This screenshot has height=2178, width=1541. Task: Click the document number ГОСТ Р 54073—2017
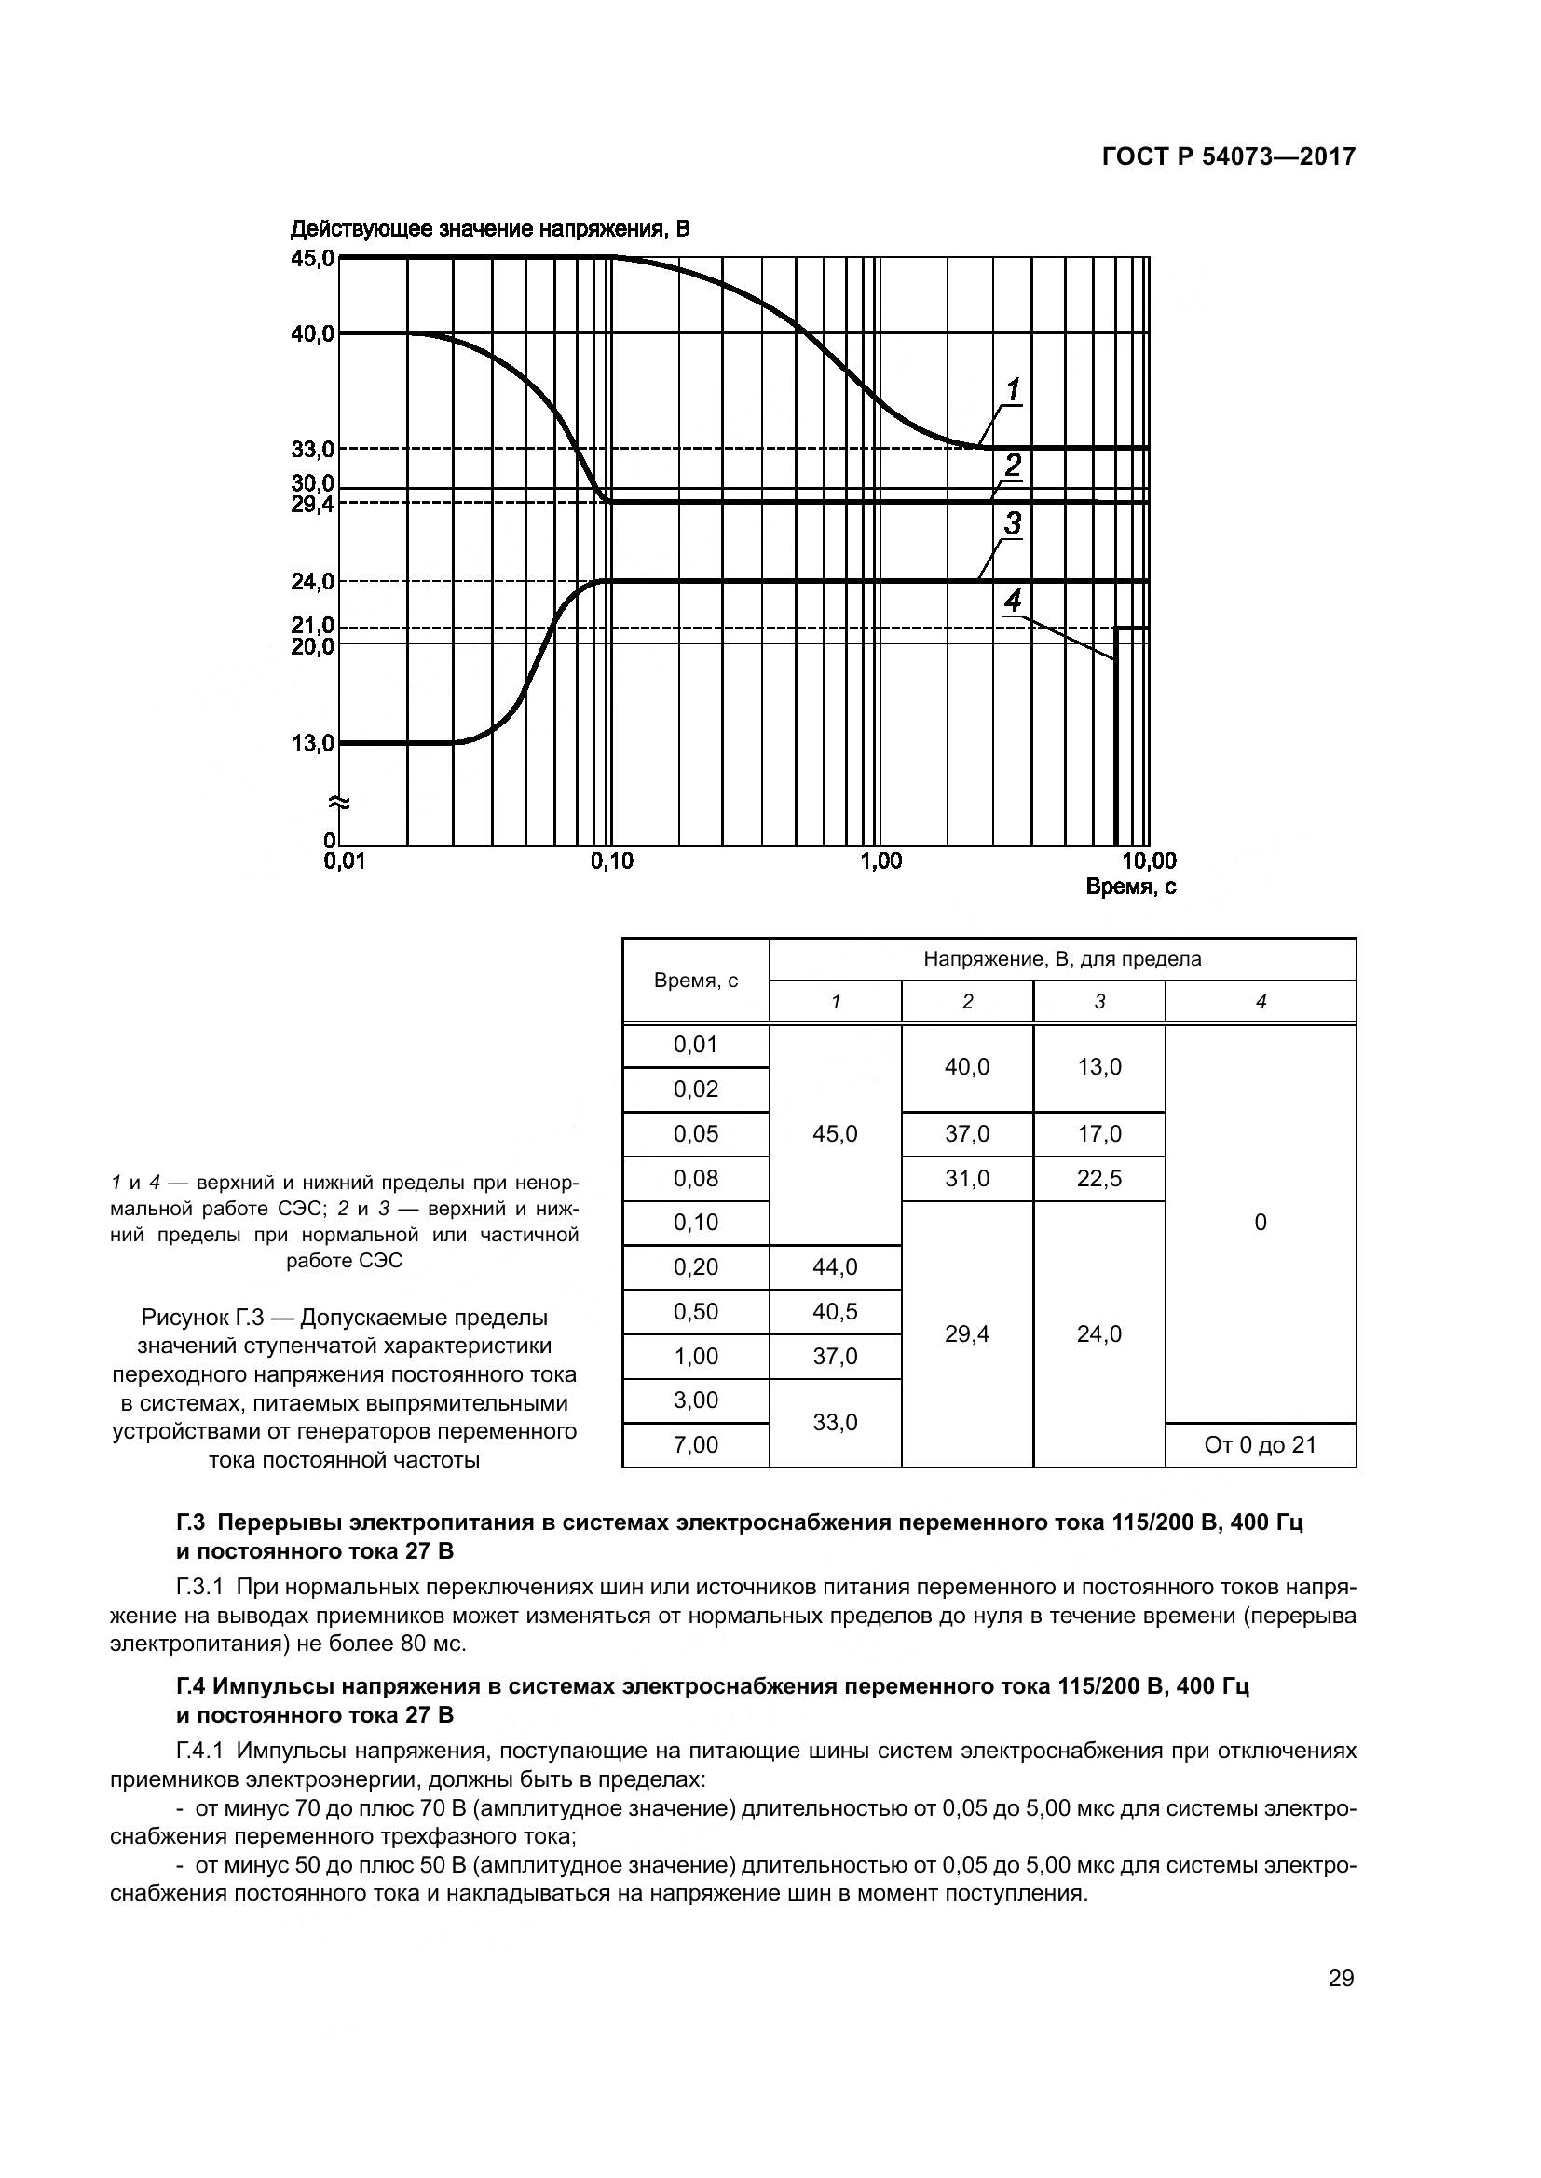[x=1228, y=157]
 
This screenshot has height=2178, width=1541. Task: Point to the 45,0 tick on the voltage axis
[x=312, y=258]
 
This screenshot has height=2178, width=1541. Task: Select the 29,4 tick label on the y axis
[x=312, y=505]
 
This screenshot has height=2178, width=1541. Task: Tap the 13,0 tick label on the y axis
[x=312, y=743]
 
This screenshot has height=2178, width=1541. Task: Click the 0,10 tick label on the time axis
[x=611, y=861]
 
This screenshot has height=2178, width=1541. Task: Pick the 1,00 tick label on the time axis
[x=880, y=861]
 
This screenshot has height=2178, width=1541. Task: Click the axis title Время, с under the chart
[x=1130, y=888]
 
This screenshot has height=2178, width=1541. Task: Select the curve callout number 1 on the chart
[x=1013, y=389]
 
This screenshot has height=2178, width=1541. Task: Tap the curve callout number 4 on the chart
[x=1013, y=601]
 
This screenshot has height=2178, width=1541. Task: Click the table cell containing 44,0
[x=835, y=1267]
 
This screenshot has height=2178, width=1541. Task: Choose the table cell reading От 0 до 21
[x=1261, y=1445]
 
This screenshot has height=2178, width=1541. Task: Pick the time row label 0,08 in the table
[x=696, y=1178]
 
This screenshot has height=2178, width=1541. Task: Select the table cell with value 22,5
[x=1098, y=1178]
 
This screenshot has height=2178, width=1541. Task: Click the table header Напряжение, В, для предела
[x=1062, y=959]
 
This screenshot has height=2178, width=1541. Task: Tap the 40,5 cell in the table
[x=835, y=1312]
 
